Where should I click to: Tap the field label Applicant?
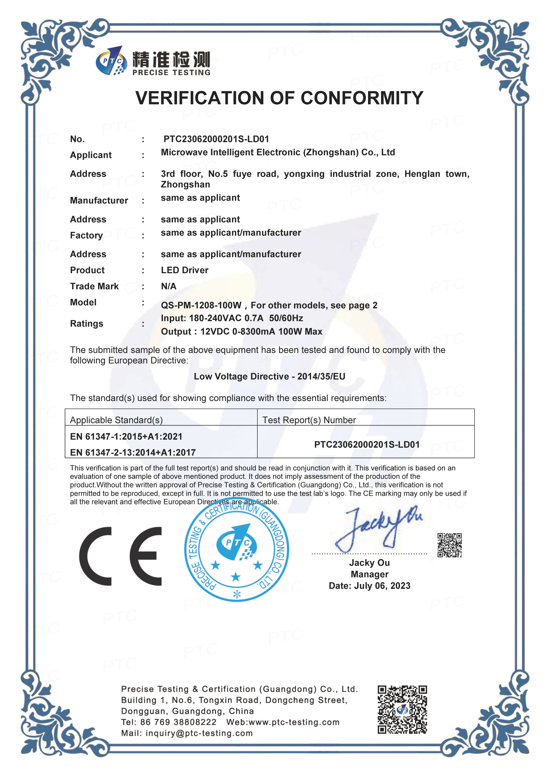click(91, 155)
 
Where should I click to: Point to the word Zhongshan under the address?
click(185, 185)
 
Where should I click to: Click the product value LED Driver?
click(185, 270)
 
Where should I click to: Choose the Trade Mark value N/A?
click(169, 286)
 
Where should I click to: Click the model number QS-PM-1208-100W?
click(201, 305)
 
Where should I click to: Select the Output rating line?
click(241, 332)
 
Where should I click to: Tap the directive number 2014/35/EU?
click(321, 377)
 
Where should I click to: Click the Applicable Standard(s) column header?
click(116, 420)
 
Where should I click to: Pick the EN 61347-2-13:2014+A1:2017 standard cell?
click(133, 453)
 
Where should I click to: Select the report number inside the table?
click(367, 445)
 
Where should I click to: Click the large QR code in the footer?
click(402, 710)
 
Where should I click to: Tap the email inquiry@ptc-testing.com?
click(199, 733)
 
